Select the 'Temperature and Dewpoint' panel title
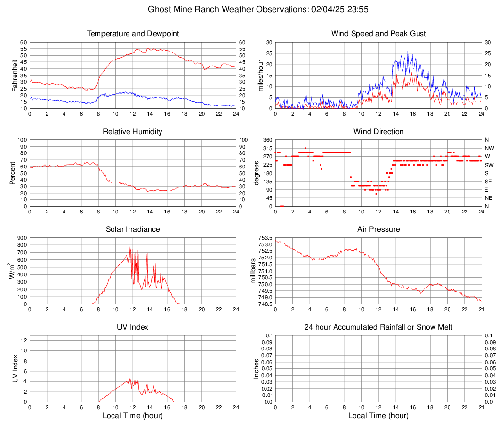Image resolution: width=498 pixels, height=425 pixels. tap(133, 34)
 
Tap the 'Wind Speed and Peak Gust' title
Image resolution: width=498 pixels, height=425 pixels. tap(378, 34)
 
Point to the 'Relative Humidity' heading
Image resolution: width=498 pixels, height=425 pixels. tap(133, 132)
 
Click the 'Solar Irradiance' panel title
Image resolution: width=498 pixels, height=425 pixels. tap(133, 229)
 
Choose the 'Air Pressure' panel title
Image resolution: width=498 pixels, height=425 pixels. tap(378, 229)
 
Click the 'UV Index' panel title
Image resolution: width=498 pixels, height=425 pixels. tap(133, 327)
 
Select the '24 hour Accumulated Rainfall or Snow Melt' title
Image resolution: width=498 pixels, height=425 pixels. tap(378, 327)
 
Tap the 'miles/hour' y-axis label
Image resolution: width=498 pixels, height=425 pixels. tap(261, 76)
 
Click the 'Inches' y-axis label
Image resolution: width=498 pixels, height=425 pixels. tap(257, 368)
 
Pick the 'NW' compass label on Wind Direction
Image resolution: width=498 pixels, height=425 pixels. tap(489, 148)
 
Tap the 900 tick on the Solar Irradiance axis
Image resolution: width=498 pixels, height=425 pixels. tap(21, 238)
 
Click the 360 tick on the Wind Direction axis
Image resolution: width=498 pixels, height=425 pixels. tap(267, 140)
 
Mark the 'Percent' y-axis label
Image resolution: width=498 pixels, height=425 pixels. tap(13, 173)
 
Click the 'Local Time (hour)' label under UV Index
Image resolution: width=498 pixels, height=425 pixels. tap(133, 416)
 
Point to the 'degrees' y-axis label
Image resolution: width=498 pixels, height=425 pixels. tap(257, 173)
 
